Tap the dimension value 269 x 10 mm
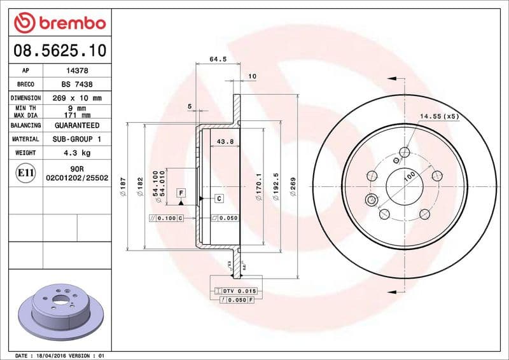[76, 99]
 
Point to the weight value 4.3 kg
[76, 153]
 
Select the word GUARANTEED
[76, 126]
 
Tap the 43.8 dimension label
[225, 141]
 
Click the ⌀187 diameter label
[123, 184]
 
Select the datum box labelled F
[181, 192]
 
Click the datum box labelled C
[219, 199]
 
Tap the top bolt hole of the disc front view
[405, 151]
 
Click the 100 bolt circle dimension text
[408, 174]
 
